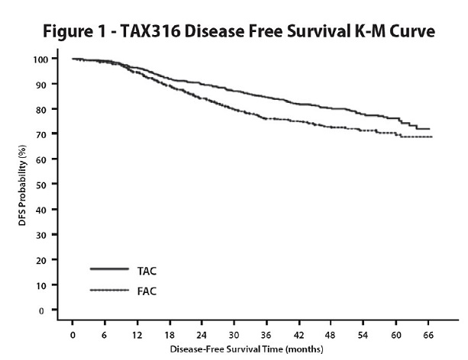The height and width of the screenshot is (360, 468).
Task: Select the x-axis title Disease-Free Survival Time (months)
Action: [x=253, y=350]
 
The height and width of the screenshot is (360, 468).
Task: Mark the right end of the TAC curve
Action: [x=431, y=129]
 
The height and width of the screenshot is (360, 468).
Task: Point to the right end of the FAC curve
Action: [x=432, y=137]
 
